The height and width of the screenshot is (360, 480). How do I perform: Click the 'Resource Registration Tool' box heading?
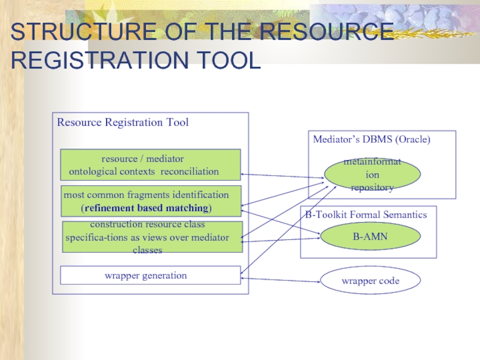122,122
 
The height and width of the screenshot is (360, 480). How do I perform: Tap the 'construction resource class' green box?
152,237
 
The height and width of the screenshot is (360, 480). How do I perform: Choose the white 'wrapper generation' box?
150,275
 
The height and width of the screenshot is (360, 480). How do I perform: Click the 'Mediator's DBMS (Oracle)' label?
371,139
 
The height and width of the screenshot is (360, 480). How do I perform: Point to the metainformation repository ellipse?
372,175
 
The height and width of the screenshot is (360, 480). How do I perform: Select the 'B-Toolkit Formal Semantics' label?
366,214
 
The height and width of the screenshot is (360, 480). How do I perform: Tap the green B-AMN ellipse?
370,237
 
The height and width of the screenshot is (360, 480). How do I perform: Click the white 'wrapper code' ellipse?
370,280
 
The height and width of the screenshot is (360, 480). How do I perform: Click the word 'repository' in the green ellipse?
372,187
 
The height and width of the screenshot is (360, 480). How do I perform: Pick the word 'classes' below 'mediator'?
147,250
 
